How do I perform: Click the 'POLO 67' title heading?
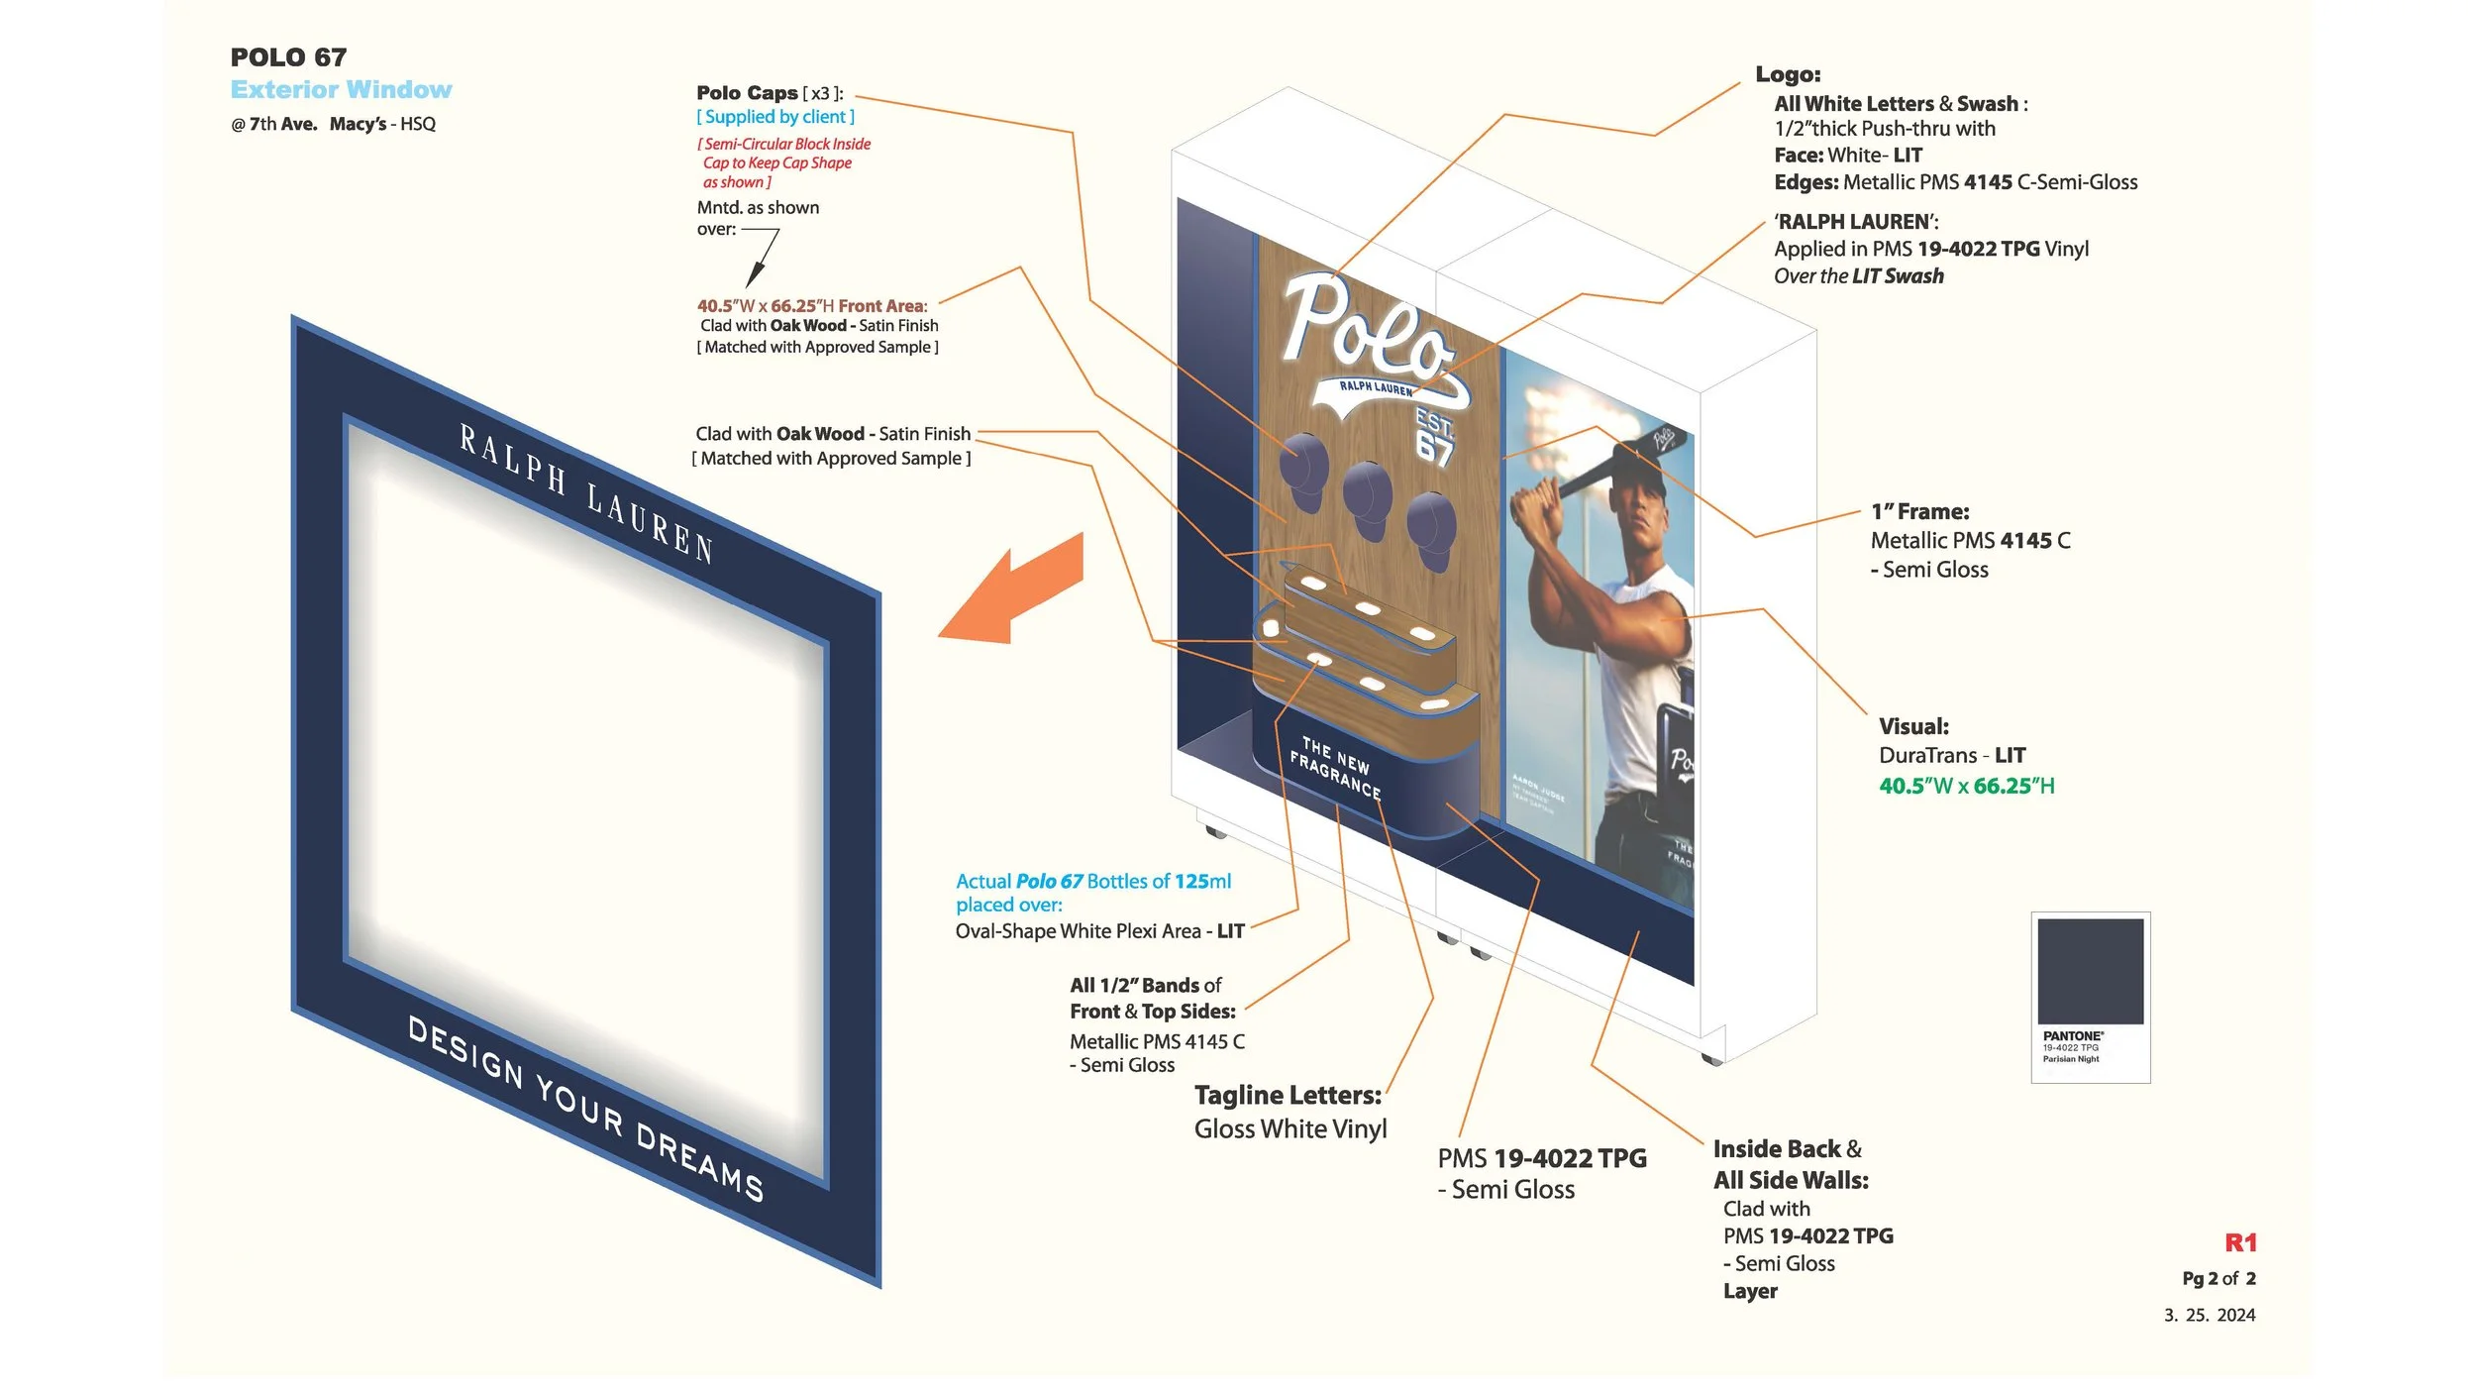coord(288,57)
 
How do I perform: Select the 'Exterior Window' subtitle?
coord(341,90)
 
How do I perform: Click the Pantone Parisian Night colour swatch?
coord(2090,972)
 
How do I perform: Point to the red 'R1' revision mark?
coord(2240,1242)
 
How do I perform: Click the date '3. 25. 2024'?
coord(2210,1315)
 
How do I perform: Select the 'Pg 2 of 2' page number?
coord(2218,1278)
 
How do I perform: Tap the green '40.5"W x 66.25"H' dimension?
coord(1966,786)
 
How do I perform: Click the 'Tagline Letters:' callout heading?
coord(1287,1095)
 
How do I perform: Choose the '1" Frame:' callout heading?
coord(1919,512)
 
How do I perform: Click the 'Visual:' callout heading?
coord(1913,726)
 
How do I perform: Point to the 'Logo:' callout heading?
coord(1788,74)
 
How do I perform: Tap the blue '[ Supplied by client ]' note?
coord(774,117)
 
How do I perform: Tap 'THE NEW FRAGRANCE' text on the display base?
coord(1336,768)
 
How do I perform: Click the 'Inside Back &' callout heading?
coord(1787,1149)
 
